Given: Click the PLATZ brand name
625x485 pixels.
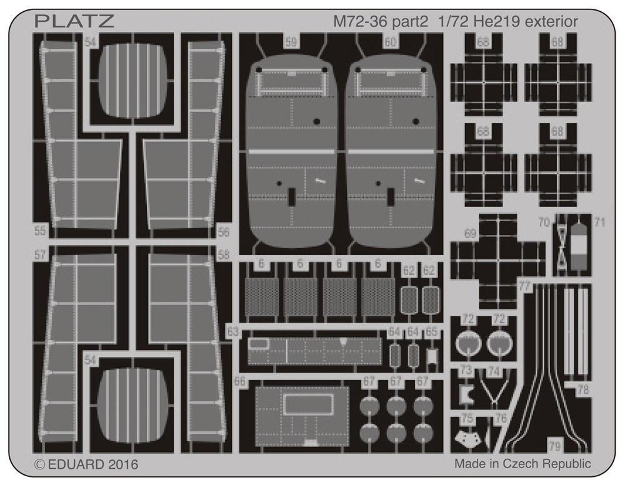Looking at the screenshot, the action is click(74, 21).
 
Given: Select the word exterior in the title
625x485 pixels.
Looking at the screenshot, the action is click(551, 21).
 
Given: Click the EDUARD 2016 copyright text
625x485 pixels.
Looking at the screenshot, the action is click(86, 464).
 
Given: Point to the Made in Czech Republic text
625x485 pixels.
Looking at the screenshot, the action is click(522, 464).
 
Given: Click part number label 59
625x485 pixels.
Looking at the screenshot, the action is click(291, 42).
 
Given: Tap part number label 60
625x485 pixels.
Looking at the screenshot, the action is click(391, 42).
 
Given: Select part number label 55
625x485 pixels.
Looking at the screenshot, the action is click(40, 231).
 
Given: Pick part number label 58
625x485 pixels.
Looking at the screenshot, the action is click(224, 254).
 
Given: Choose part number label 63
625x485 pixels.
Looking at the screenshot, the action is click(232, 332).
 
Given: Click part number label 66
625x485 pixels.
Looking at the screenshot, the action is click(239, 381).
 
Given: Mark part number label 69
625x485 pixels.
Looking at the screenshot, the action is click(471, 234).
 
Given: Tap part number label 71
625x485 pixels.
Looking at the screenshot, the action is click(599, 222).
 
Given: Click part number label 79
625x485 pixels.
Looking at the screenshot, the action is click(555, 446).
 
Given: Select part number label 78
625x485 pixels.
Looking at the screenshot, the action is click(583, 389).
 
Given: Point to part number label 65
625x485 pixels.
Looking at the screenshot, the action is click(432, 332).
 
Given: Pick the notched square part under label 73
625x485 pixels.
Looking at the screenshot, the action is click(464, 394).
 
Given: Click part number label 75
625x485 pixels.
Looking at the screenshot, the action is click(467, 419).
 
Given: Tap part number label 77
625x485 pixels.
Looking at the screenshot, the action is click(524, 287).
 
